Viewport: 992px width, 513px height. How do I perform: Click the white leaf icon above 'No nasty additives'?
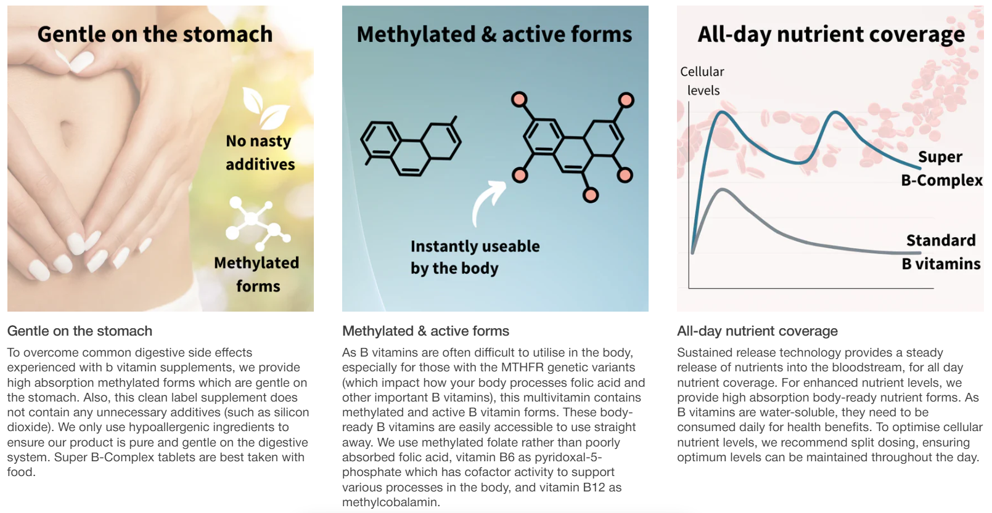pos(266,107)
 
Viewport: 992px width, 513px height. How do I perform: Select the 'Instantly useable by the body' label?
pos(475,257)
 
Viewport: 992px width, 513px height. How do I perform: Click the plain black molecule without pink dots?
pos(411,146)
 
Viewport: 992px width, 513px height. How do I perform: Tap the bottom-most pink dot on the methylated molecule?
pos(590,195)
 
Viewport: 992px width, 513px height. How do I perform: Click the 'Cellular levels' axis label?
pos(702,81)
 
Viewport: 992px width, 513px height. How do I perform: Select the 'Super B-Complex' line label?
pos(941,169)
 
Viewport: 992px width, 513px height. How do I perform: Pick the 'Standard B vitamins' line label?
pos(941,252)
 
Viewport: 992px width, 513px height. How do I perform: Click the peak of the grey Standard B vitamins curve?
pos(722,190)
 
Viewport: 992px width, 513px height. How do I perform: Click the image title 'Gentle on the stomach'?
pos(155,34)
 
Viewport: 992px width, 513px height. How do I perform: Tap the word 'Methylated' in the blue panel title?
pos(416,34)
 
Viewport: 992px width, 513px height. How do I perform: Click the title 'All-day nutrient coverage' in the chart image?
pos(831,34)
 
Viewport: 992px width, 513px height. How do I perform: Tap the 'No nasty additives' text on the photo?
pos(260,153)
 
